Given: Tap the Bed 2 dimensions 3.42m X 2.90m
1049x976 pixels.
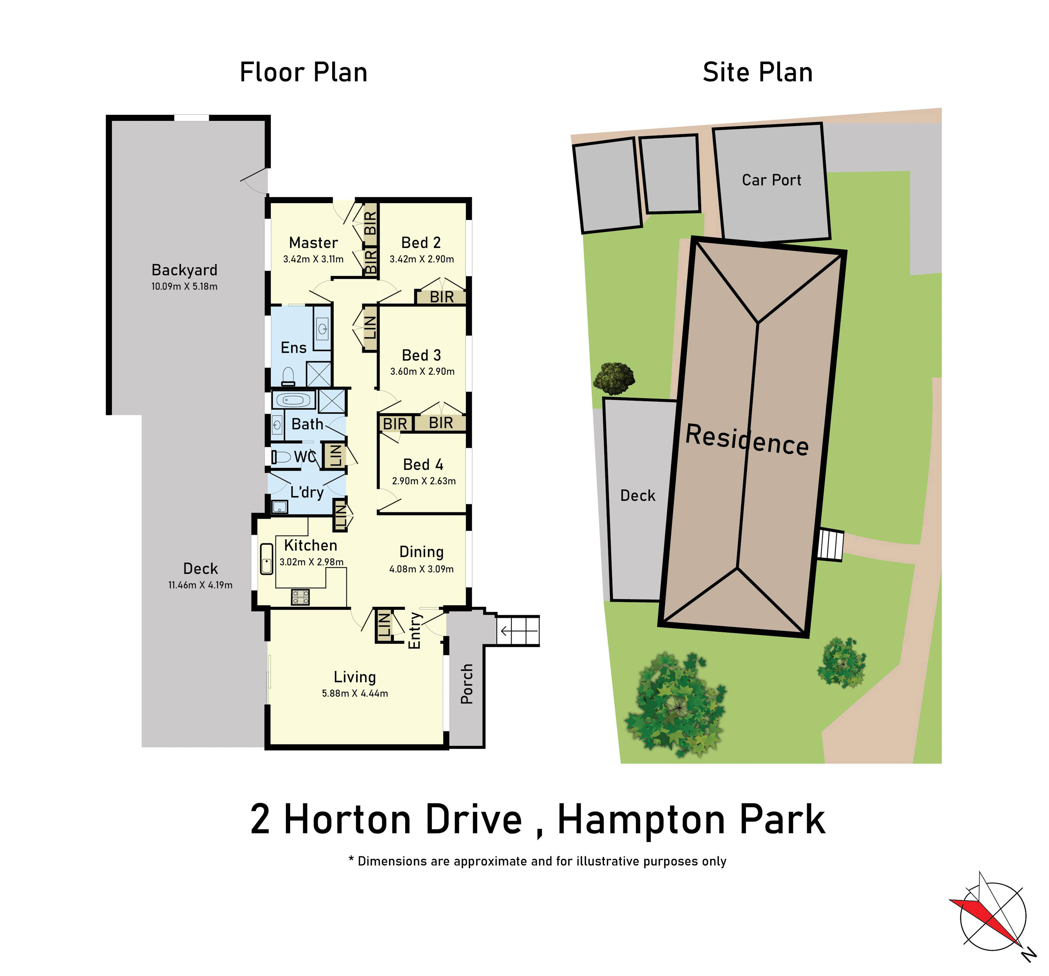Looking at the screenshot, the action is pos(422,259).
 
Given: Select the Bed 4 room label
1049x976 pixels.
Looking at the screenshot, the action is pos(423,465).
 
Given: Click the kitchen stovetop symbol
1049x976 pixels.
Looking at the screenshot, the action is pos(300,597).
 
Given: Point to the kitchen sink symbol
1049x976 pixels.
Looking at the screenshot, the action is pos(266,559).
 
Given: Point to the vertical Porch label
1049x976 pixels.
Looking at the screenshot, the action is pos(467,684).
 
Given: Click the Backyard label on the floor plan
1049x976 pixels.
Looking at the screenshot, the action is pos(184,270).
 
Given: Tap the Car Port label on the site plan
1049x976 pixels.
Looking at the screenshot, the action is pos(771,180).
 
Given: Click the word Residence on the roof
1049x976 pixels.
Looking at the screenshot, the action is pos(747,439).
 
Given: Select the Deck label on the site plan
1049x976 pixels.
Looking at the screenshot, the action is pos(637,495).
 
